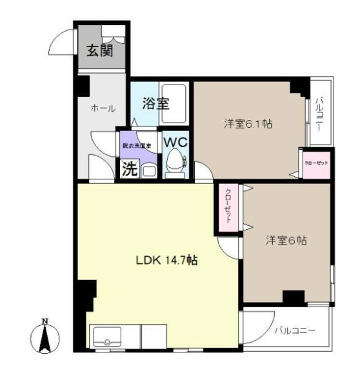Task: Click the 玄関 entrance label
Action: click(x=100, y=50)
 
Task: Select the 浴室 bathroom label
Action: click(x=156, y=103)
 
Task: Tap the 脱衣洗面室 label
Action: click(x=137, y=146)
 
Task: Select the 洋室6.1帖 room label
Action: click(x=248, y=125)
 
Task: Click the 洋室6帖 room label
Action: click(x=286, y=240)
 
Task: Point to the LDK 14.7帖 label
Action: click(x=166, y=261)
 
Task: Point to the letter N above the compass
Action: click(x=45, y=321)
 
